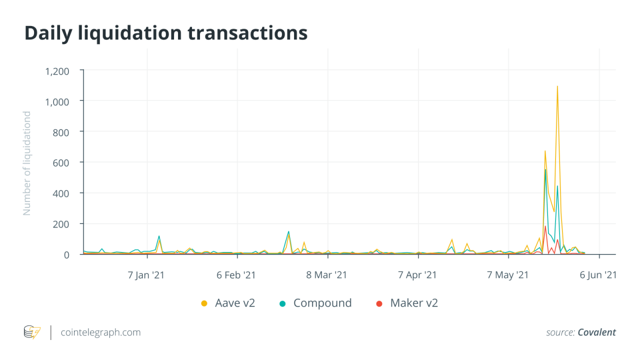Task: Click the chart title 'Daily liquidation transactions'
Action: point(165,33)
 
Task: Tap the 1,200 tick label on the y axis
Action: point(57,71)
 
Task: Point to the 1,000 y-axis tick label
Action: point(57,101)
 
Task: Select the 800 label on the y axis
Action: point(61,132)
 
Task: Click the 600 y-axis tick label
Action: point(61,162)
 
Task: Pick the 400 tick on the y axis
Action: point(61,193)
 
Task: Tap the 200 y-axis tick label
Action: point(61,223)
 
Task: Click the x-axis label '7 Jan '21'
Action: point(146,275)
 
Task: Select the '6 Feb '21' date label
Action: point(236,275)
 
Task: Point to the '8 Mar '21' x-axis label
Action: point(326,275)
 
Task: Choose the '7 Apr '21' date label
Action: point(417,275)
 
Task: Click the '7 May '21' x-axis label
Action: point(507,275)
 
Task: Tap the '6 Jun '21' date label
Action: point(597,275)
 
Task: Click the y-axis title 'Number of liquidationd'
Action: point(27,163)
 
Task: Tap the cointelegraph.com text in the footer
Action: point(100,332)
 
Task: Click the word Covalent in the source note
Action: point(596,332)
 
